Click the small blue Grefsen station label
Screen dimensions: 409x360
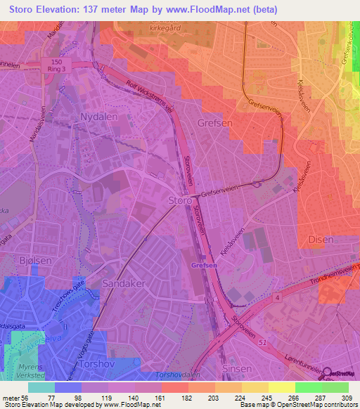(203, 266)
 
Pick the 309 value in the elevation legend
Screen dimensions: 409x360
(347, 397)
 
